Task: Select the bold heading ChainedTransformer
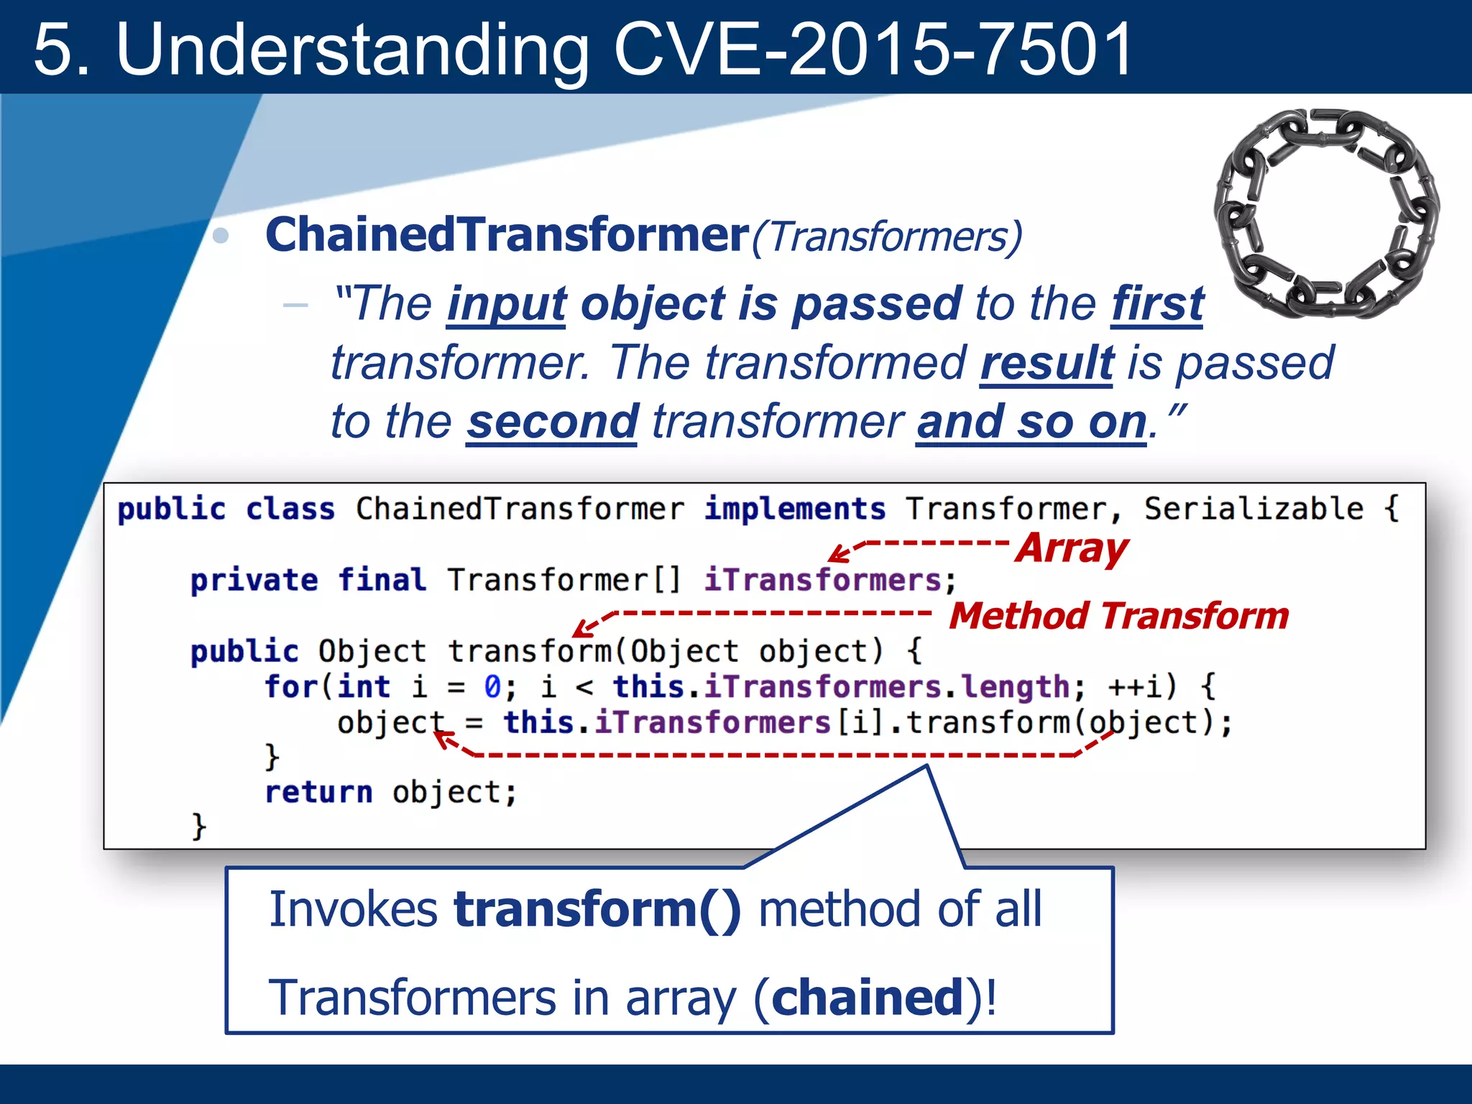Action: [507, 235]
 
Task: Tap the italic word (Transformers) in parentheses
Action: [887, 236]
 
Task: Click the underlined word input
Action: [507, 304]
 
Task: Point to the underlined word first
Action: [1157, 304]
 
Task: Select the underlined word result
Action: [1046, 363]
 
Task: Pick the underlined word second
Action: [552, 422]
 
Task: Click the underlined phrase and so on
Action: [1031, 422]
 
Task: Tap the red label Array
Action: [1071, 549]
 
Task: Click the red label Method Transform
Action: [1118, 616]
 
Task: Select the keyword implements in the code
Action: [794, 509]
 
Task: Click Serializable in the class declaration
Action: [1253, 509]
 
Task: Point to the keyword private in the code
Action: [254, 580]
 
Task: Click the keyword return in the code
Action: [318, 792]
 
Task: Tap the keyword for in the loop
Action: [290, 686]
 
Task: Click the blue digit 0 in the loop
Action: [492, 686]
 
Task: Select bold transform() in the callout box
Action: [597, 910]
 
